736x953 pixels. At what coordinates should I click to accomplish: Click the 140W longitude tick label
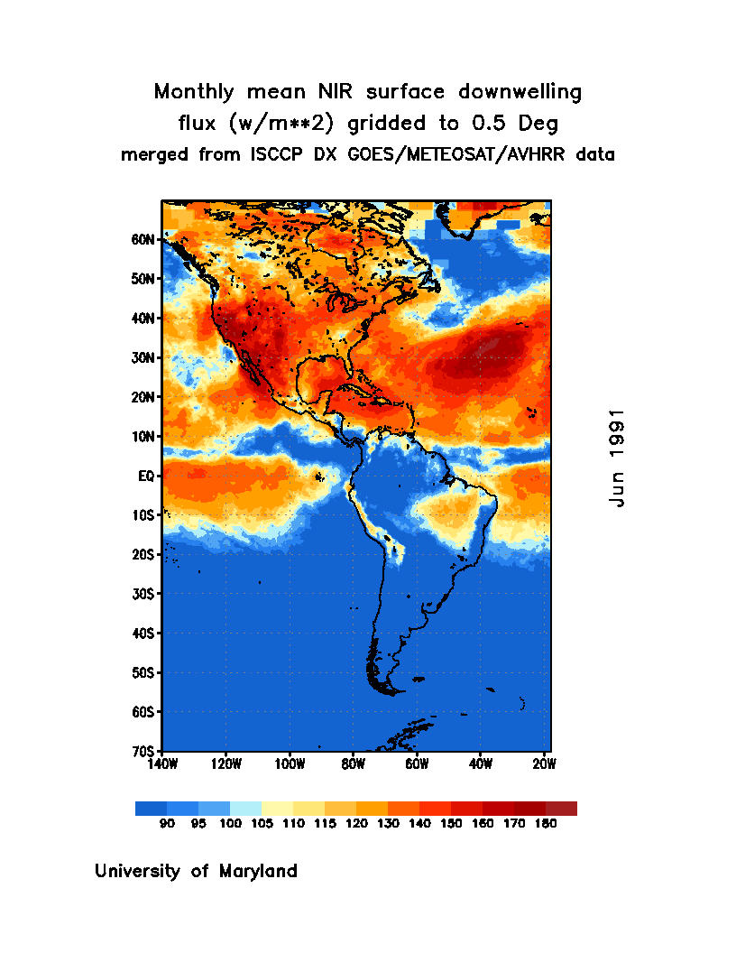pyautogui.click(x=162, y=764)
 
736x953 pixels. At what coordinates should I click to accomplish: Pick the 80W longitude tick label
pyautogui.click(x=353, y=764)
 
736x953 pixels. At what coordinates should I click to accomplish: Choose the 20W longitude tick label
pyautogui.click(x=544, y=764)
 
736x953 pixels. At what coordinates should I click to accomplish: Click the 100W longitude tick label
pyautogui.click(x=290, y=764)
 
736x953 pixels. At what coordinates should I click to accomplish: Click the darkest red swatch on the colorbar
pyautogui.click(x=561, y=809)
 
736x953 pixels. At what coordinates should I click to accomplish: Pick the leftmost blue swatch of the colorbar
pyautogui.click(x=151, y=809)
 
